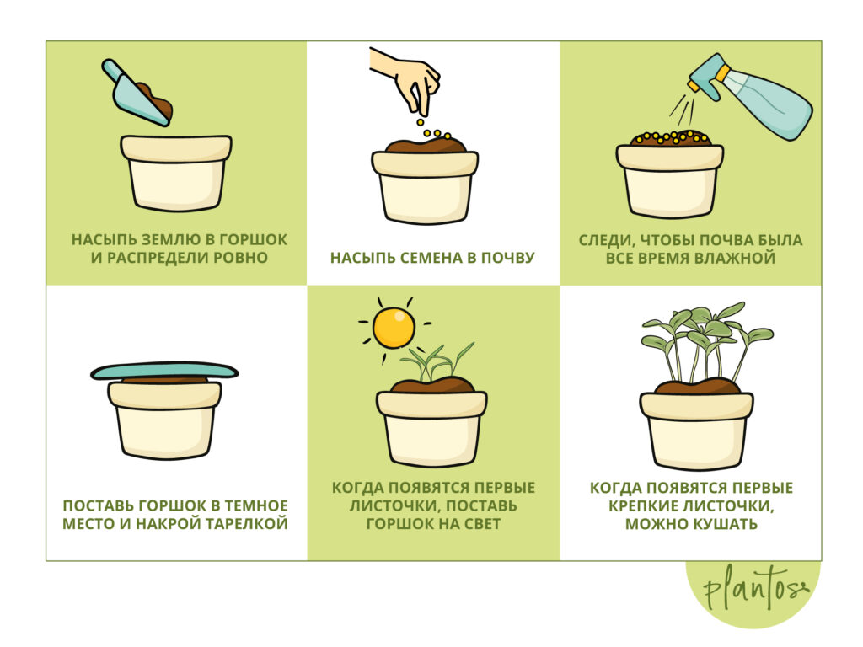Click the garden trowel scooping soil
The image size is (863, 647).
[x=137, y=94]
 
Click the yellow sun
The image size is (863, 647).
[x=394, y=329]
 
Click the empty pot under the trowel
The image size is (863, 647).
[x=176, y=173]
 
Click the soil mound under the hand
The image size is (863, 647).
[x=426, y=146]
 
